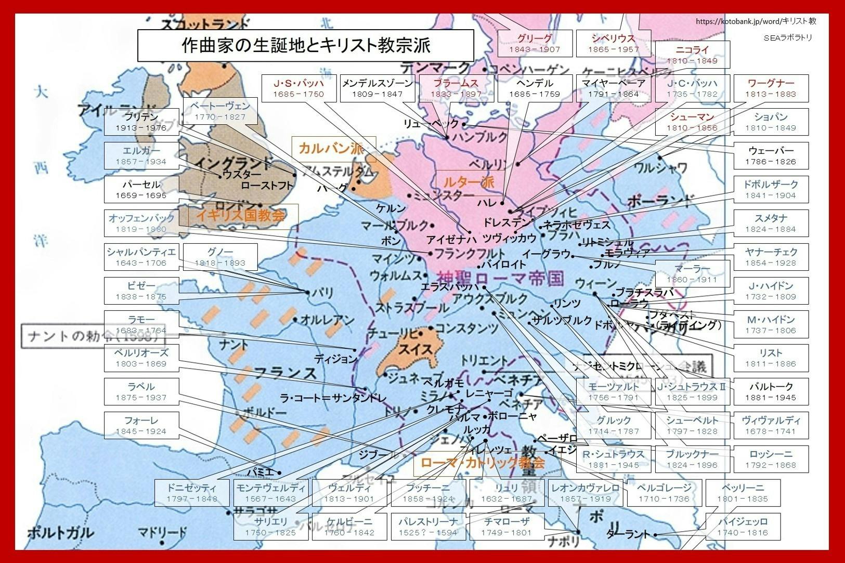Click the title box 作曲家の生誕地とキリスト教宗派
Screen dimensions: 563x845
point(305,45)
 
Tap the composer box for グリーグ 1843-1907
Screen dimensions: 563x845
point(534,43)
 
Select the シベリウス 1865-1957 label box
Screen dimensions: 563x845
point(613,43)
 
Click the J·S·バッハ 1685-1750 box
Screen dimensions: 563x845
point(298,88)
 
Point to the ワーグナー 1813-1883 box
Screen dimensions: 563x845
point(771,88)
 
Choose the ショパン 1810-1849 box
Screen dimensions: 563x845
point(771,122)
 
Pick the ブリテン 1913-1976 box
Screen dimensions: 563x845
point(141,122)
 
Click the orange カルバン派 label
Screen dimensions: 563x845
point(333,149)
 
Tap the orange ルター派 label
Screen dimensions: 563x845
point(468,182)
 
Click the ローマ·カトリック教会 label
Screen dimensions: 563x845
point(482,462)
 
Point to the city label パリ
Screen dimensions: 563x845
point(324,293)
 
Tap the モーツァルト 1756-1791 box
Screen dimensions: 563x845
point(613,392)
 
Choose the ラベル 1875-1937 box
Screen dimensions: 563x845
point(141,392)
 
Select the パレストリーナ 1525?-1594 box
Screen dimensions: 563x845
point(428,527)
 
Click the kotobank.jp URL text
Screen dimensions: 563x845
point(755,21)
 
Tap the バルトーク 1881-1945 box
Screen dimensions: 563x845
point(771,392)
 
